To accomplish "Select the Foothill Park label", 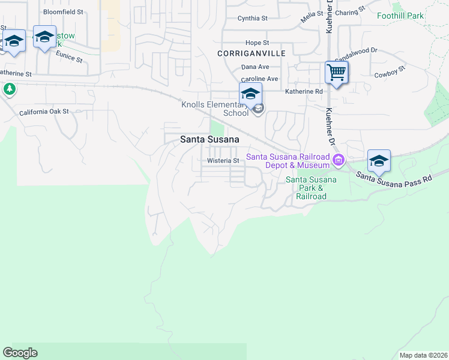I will click(400, 16).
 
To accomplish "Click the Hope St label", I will click(258, 43).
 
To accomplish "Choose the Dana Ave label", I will click(255, 67).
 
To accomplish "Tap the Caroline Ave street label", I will click(259, 79).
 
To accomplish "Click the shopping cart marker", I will click(337, 73).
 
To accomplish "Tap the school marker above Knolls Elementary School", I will click(250, 94).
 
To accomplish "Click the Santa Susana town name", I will click(209, 139).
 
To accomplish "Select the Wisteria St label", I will click(223, 161).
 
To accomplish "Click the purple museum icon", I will click(339, 160).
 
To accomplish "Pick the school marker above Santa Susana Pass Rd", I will click(379, 161).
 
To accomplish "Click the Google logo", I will click(20, 353).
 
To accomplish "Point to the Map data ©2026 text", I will click(423, 355).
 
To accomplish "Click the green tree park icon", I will click(9, 89).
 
